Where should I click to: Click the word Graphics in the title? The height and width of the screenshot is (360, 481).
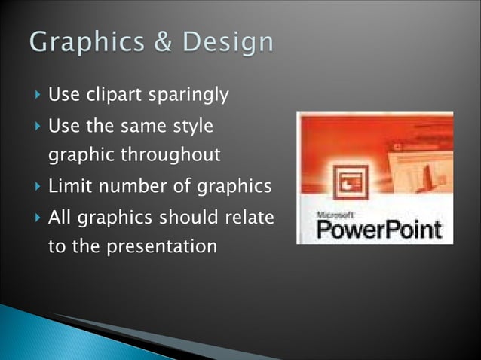coord(85,42)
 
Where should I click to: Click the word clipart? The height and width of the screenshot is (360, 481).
coord(111,96)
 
